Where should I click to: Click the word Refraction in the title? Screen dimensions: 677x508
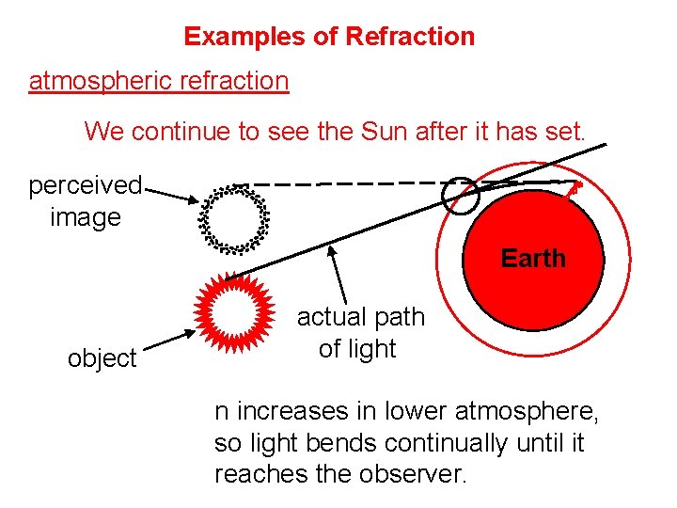point(410,37)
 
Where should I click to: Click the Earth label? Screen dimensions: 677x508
point(533,258)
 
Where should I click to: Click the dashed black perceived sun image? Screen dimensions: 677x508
point(235,219)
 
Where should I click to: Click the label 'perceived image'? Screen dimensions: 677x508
point(85,200)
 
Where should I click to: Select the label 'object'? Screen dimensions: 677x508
point(102,358)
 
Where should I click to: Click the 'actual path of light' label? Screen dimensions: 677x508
point(360,333)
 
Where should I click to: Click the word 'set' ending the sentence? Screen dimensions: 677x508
point(567,131)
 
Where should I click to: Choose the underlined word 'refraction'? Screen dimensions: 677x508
point(237,81)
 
